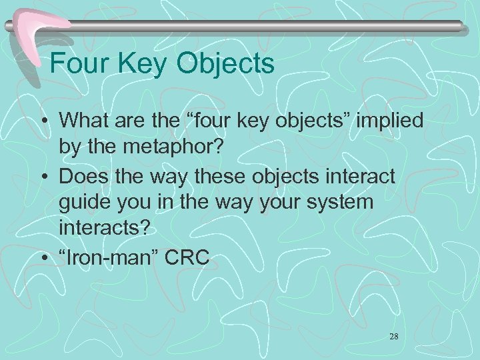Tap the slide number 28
point(393,337)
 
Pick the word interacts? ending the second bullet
point(105,229)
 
